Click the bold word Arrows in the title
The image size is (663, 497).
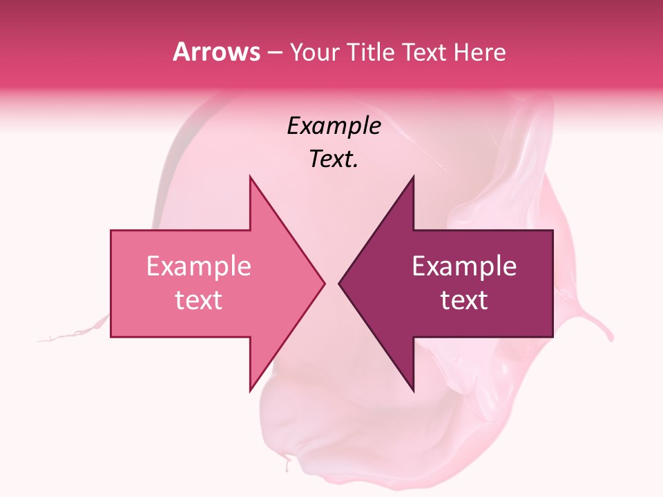click(216, 52)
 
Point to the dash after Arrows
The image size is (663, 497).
click(274, 53)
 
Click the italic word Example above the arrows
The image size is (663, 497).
click(334, 126)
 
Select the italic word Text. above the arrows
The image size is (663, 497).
click(334, 159)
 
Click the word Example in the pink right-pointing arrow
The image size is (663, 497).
click(199, 266)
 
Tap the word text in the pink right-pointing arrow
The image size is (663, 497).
click(199, 300)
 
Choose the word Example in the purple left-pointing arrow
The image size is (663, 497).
click(464, 266)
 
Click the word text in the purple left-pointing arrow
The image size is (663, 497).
click(464, 300)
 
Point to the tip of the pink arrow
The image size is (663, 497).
click(325, 283)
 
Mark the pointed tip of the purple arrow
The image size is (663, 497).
click(339, 283)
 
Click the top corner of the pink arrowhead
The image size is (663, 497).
click(250, 177)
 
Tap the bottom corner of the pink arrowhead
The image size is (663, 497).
click(250, 390)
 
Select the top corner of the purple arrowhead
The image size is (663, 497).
click(414, 177)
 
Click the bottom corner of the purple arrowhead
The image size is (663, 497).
click(414, 390)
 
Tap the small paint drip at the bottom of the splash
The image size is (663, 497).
click(287, 464)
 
